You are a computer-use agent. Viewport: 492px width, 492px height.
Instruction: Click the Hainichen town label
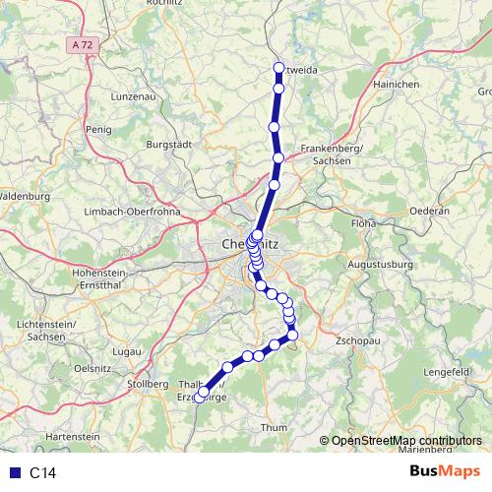[397, 85]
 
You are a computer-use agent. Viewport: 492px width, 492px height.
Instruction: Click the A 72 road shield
[85, 44]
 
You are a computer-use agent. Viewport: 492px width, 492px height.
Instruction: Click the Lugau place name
[128, 350]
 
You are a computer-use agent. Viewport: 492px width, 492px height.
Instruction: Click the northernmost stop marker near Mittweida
[278, 69]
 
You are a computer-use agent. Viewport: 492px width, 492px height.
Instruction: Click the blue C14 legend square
[13, 473]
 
